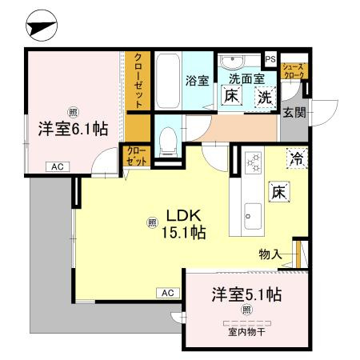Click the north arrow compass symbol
click(42, 26)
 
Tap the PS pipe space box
click(270, 59)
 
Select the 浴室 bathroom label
click(198, 80)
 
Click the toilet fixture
click(168, 142)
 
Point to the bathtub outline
click(167, 80)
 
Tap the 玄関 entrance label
click(294, 112)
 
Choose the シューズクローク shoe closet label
click(294, 71)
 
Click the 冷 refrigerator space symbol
click(297, 158)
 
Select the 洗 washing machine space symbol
click(265, 98)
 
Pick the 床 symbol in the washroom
click(231, 96)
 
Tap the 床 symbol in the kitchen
click(279, 192)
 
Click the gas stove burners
click(253, 163)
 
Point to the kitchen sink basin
click(253, 216)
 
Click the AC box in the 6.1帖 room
click(58, 167)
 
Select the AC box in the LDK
click(168, 293)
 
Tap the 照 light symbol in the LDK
click(152, 222)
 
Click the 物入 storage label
click(270, 254)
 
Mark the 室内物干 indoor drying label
click(247, 332)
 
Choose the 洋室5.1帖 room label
click(246, 294)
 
